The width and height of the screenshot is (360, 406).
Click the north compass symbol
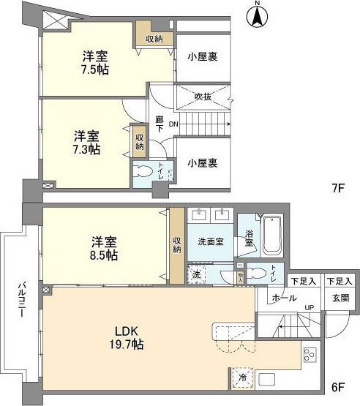257,16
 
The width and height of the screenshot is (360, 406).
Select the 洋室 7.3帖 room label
87,142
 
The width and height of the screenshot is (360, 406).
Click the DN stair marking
173,124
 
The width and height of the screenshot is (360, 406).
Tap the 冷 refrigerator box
241,378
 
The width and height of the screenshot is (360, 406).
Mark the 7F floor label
337,187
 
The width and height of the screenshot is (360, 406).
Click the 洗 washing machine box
195,274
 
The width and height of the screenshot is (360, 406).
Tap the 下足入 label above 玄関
340,281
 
